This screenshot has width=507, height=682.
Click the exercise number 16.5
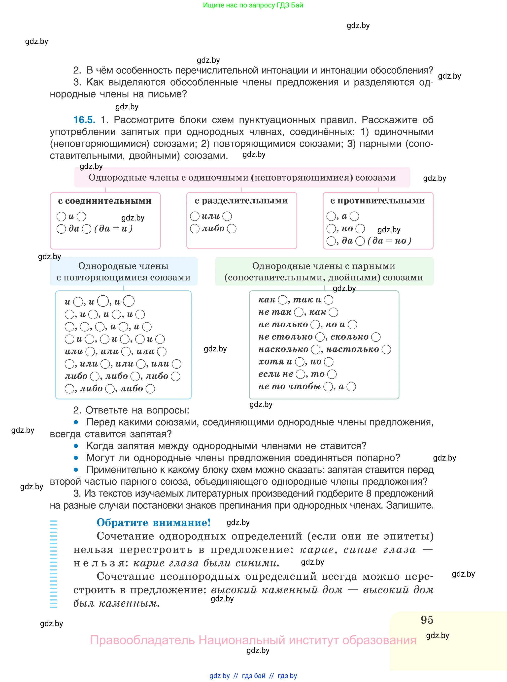click(x=84, y=120)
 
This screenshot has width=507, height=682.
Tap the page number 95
click(x=427, y=620)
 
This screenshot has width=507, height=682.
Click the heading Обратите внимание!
click(x=153, y=523)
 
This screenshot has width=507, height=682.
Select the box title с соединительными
click(x=105, y=201)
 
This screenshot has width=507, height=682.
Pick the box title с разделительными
click(x=241, y=201)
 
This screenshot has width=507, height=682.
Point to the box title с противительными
click(x=377, y=201)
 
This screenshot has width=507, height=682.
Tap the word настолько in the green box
click(x=352, y=349)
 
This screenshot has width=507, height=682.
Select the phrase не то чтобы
click(x=289, y=386)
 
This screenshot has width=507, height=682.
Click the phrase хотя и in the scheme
click(x=275, y=362)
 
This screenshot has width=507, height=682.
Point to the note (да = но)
click(x=389, y=241)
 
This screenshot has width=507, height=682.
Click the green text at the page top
click(x=253, y=5)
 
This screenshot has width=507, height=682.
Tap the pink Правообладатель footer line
click(x=253, y=640)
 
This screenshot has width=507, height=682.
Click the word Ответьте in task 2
click(x=106, y=410)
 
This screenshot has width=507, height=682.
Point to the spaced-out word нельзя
click(x=99, y=563)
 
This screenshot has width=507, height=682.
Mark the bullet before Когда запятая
click(x=76, y=446)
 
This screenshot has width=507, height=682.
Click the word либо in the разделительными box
click(x=213, y=229)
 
